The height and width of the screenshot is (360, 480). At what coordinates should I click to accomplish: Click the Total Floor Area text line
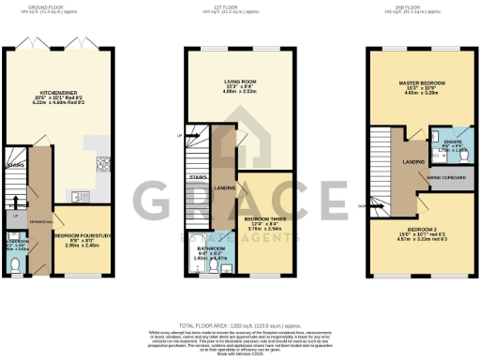click(240, 294)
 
